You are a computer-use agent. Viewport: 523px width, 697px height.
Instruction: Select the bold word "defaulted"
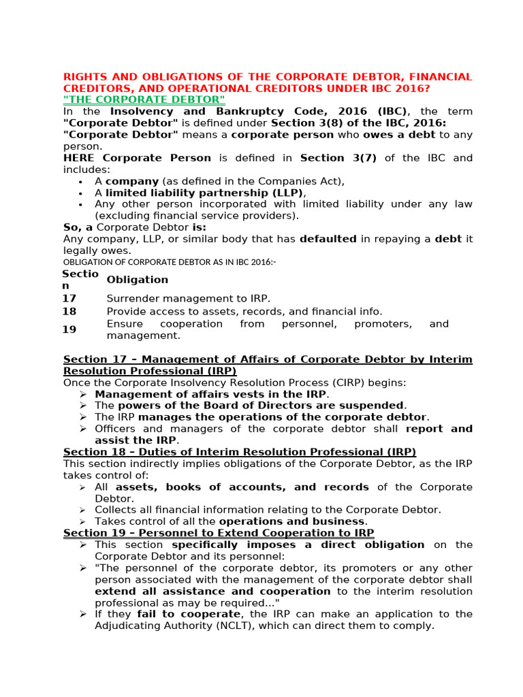coord(328,239)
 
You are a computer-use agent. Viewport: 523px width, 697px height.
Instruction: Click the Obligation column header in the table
coord(138,280)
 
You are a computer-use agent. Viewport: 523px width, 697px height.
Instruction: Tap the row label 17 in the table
coord(69,298)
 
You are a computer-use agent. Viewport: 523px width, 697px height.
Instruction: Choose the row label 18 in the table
coord(69,311)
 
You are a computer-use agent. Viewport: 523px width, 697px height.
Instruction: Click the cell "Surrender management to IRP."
coord(189,298)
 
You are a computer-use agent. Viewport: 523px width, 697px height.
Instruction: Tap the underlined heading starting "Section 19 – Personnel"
coord(219,533)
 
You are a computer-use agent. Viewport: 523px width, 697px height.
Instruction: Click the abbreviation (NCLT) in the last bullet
coord(253,626)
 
